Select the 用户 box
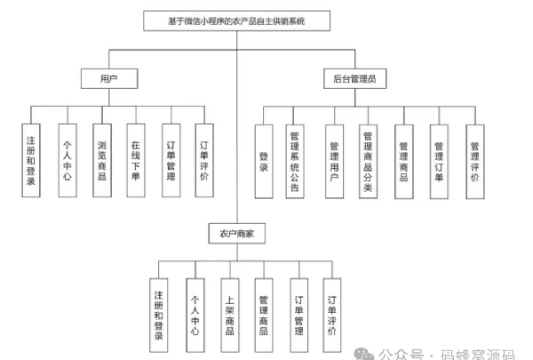(x=108, y=80)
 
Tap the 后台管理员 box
(x=354, y=80)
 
